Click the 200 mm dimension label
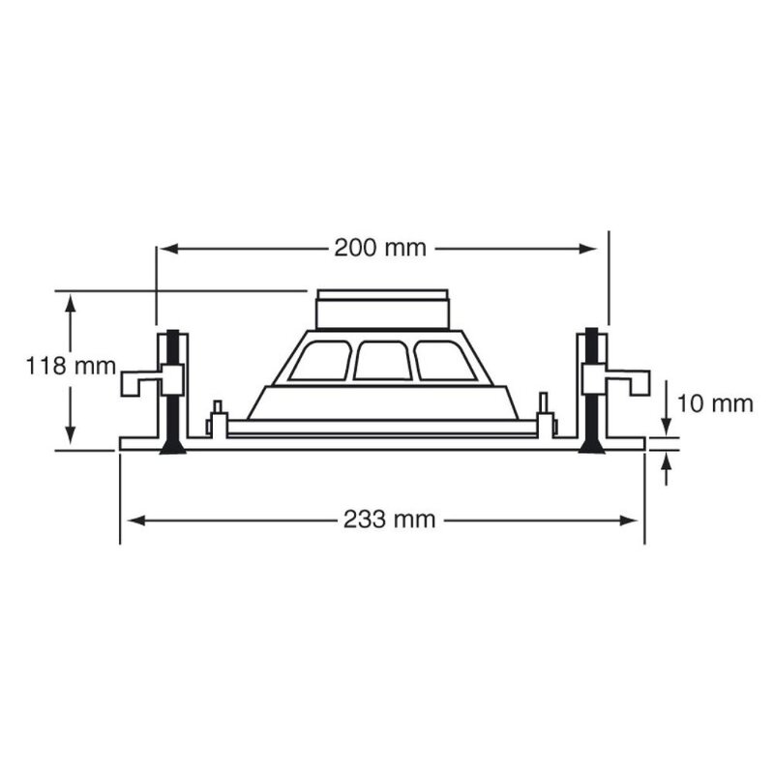click(380, 248)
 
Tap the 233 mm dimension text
click(389, 520)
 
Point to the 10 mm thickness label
click(715, 402)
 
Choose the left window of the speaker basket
click(320, 361)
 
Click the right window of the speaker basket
click(444, 361)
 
